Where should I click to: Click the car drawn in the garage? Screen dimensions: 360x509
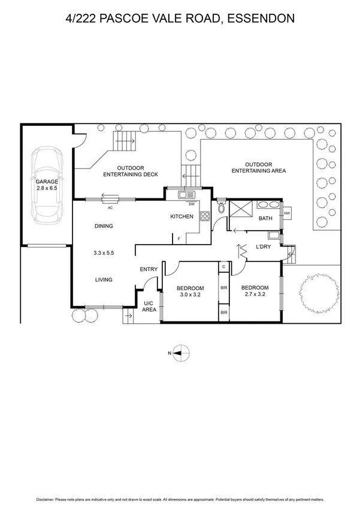click(47, 185)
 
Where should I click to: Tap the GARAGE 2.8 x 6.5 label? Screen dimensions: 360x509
click(47, 185)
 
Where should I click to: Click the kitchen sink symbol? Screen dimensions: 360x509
click(186, 195)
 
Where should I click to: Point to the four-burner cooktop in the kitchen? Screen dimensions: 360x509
click(205, 216)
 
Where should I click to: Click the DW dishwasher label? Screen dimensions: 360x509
click(192, 204)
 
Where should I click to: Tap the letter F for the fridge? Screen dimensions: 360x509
click(179, 239)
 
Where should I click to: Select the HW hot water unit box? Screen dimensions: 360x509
click(287, 213)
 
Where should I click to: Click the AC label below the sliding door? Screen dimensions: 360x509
click(110, 208)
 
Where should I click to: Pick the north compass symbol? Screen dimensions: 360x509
click(180, 353)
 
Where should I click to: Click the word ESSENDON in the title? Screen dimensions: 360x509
click(261, 18)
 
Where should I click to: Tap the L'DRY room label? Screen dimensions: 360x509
click(263, 247)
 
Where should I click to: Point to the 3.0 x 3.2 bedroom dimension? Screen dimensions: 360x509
click(190, 295)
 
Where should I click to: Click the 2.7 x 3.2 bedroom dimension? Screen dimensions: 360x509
click(255, 294)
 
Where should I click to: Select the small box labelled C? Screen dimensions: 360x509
click(224, 266)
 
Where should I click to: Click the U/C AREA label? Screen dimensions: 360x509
click(149, 306)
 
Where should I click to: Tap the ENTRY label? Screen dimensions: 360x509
click(149, 269)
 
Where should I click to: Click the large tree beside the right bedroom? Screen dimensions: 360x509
click(319, 293)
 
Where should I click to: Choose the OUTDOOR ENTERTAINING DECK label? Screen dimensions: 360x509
click(131, 171)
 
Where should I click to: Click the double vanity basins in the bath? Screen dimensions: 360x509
click(268, 204)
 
